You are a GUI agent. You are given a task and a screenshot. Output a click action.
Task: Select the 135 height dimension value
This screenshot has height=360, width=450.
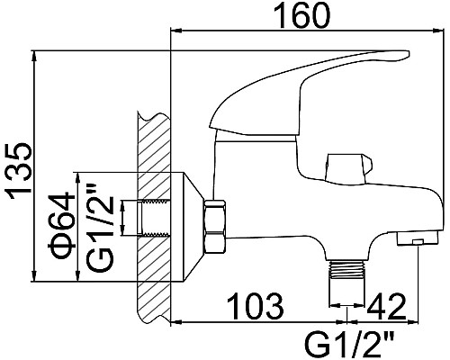(20, 172)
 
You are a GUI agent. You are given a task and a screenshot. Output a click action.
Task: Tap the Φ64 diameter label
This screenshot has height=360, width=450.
(61, 226)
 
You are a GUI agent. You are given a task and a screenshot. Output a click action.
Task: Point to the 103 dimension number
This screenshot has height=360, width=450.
(255, 306)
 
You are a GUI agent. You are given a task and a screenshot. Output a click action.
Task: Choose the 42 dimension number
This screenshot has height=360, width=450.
(387, 306)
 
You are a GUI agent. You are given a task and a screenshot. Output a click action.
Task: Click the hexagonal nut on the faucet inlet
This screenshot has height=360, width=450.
(215, 228)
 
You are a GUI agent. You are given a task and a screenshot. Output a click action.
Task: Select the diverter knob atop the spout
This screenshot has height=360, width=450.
(348, 169)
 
